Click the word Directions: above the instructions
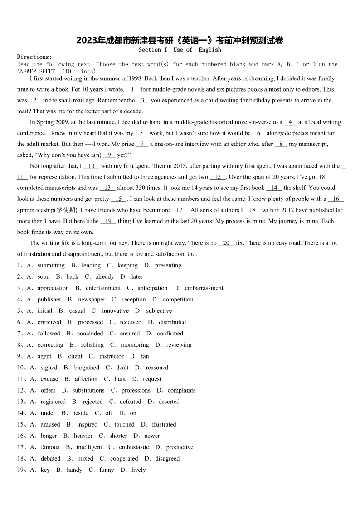[34, 57]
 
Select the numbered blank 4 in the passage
[290, 122]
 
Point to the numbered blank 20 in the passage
[226, 243]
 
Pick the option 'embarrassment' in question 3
[204, 288]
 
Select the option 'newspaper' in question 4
[91, 300]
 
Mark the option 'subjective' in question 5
[159, 311]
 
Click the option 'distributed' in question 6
[172, 322]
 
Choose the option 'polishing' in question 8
[92, 345]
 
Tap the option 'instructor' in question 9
[111, 356]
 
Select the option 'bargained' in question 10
[87, 368]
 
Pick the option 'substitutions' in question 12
[88, 390]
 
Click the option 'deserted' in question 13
[169, 402]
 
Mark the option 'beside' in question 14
[80, 413]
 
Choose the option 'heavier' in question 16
[83, 436]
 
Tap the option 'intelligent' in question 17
[89, 447]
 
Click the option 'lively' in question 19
[138, 470]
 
